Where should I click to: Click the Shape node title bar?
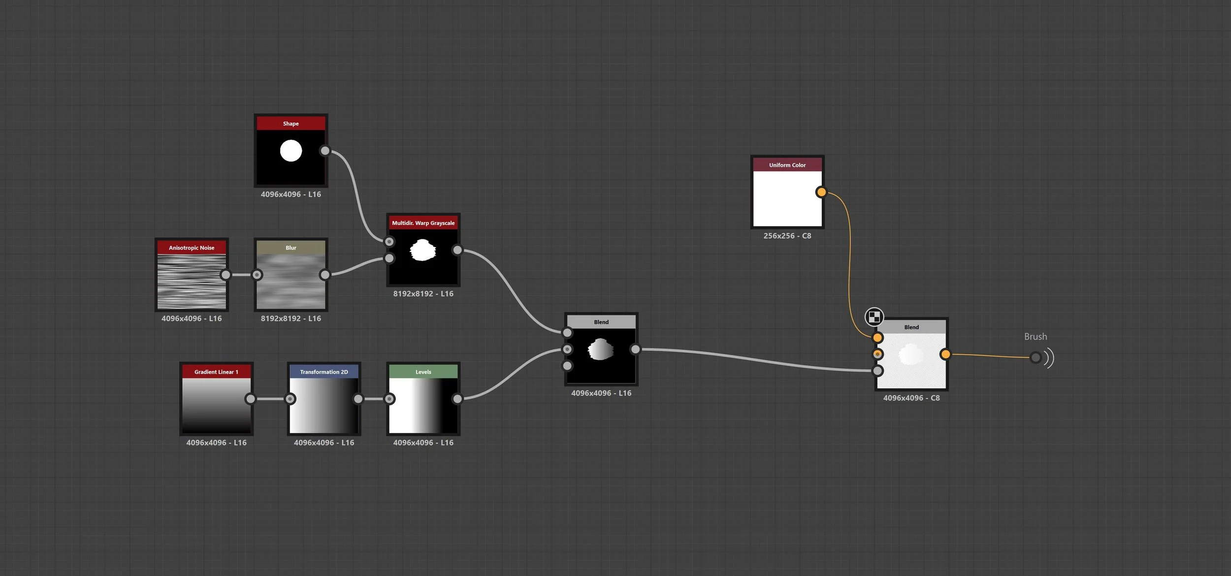point(291,124)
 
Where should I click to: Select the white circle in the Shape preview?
point(291,151)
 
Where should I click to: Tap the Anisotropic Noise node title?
point(192,248)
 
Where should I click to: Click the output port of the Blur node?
point(325,275)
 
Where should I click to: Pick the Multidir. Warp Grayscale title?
point(423,223)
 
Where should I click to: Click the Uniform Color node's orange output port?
point(821,192)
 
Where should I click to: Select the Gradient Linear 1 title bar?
point(216,372)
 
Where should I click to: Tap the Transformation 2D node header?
point(324,372)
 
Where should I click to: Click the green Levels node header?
point(423,372)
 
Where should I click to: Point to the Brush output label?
point(1036,337)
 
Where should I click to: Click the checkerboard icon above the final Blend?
point(874,317)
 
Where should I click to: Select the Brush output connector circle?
point(1036,357)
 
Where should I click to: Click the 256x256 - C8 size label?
point(787,236)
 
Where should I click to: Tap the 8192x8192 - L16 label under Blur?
point(291,319)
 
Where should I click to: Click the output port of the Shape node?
point(325,151)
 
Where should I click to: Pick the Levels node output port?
point(457,399)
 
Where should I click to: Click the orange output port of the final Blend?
point(945,354)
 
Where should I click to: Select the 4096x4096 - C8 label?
point(911,398)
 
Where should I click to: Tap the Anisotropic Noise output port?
point(226,275)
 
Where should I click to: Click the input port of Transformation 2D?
point(291,399)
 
